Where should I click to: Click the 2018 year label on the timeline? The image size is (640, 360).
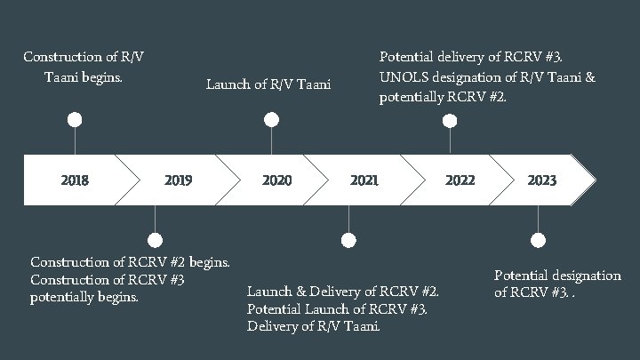pos(75,180)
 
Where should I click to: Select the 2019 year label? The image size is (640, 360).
pos(178,180)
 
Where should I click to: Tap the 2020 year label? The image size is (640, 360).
pos(276,180)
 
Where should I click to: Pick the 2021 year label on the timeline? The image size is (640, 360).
pos(364,180)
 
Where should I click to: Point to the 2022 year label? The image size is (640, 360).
pos(460,180)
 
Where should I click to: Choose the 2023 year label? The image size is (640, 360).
pos(541,180)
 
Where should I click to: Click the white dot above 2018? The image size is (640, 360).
pos(76,119)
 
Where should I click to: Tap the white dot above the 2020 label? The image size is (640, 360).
pos(271,119)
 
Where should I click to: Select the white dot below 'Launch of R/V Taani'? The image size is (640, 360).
pos(271,119)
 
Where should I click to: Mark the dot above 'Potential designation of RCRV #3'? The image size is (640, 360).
pos(537,240)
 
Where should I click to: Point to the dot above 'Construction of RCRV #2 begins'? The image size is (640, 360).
pos(156,240)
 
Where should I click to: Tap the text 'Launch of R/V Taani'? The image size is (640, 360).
pos(268,85)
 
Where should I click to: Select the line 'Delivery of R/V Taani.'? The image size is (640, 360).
pos(314,326)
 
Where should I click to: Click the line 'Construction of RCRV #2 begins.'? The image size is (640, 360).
pos(131,261)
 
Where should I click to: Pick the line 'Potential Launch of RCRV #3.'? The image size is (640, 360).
pos(337,309)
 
